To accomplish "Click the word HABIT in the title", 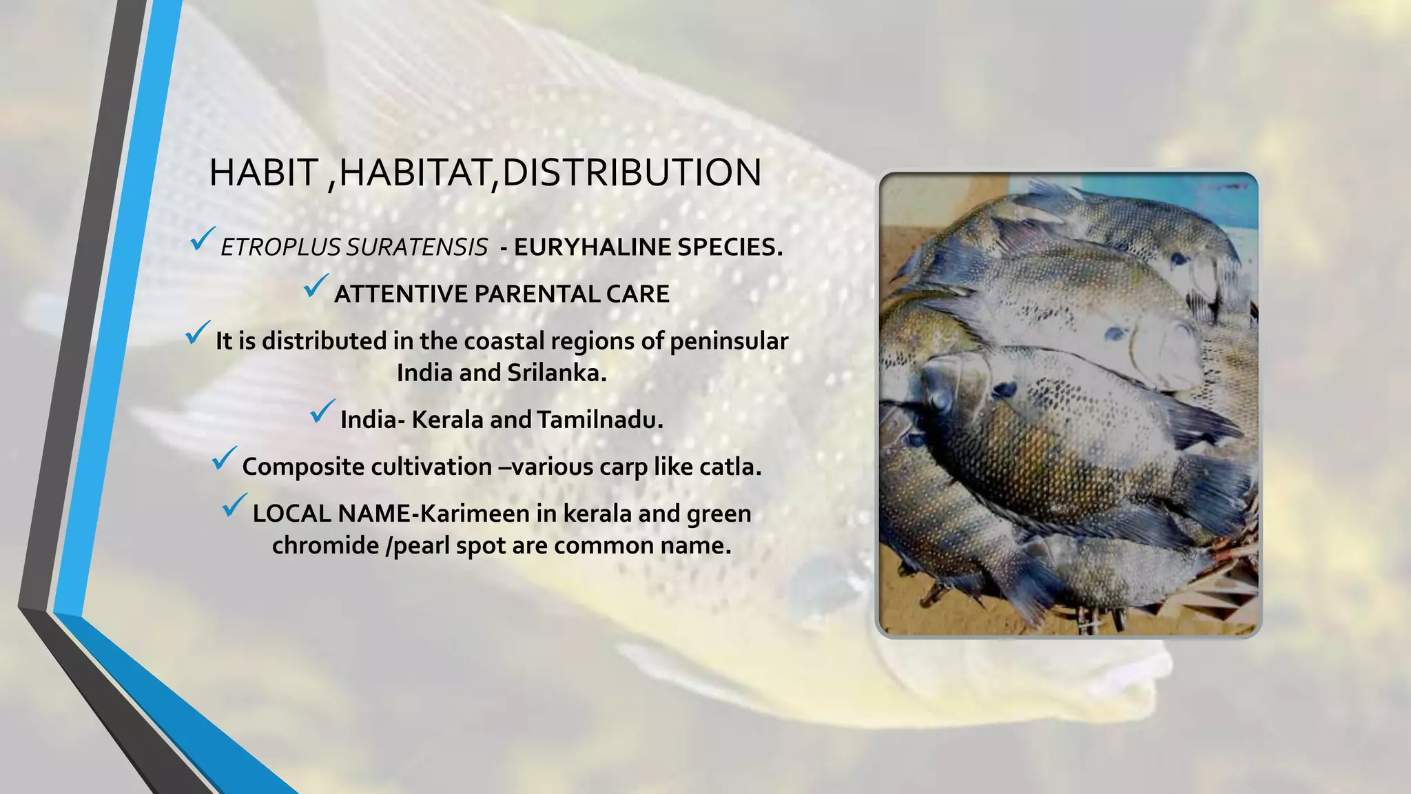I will [x=263, y=172].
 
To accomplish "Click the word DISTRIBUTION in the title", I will [x=631, y=172].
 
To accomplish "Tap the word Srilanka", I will [x=557, y=373].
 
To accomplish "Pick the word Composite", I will [x=298, y=467].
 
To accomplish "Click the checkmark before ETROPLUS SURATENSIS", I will [x=203, y=238].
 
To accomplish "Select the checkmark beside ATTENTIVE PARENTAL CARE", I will [x=316, y=285].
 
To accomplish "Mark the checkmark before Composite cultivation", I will [x=224, y=458].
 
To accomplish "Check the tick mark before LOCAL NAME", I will [x=234, y=505].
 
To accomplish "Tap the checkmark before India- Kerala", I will [x=322, y=411].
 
